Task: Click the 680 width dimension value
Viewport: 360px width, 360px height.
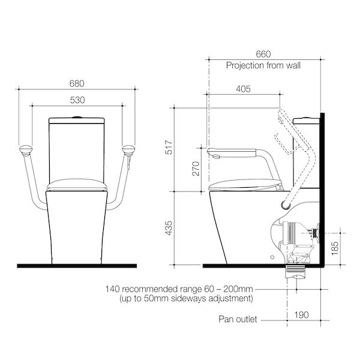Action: click(76, 83)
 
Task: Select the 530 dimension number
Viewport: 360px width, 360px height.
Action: click(76, 100)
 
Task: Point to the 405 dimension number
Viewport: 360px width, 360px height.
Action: click(243, 89)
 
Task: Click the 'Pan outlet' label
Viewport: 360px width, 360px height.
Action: click(238, 319)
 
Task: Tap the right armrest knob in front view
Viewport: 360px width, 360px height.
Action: click(127, 149)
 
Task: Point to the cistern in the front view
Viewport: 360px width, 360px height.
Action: click(77, 150)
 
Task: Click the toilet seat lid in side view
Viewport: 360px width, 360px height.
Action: click(246, 183)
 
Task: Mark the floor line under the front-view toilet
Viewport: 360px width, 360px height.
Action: click(77, 265)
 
